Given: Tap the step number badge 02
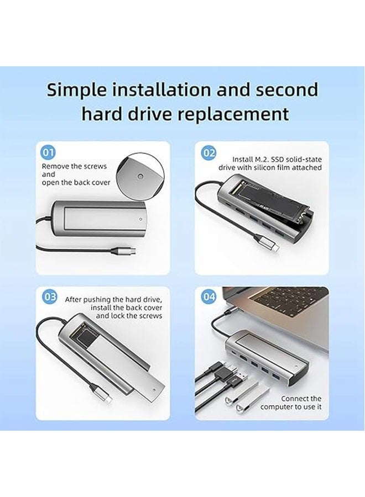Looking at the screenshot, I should tap(208, 153).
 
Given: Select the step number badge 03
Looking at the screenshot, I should tap(49, 297).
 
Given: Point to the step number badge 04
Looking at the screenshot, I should tap(208, 297).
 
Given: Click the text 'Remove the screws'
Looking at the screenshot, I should tap(74, 166).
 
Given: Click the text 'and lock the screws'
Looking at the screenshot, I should tap(129, 316).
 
